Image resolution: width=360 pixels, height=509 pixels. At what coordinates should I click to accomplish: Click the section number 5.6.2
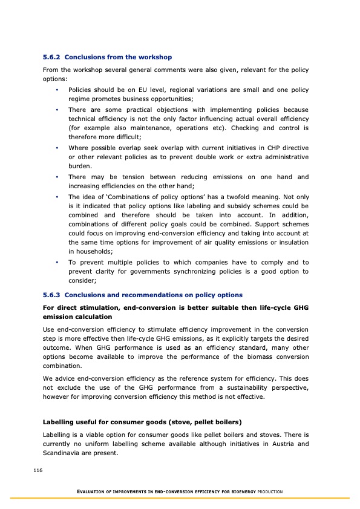click(51, 57)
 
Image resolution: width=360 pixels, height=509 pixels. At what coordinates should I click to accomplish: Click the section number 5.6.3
click(51, 295)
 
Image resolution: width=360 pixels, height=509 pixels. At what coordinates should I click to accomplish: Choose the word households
click(92, 251)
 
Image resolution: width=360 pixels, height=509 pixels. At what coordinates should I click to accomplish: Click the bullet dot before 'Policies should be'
click(56, 90)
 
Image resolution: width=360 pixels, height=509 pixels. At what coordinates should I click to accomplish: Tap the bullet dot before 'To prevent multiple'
click(56, 263)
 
